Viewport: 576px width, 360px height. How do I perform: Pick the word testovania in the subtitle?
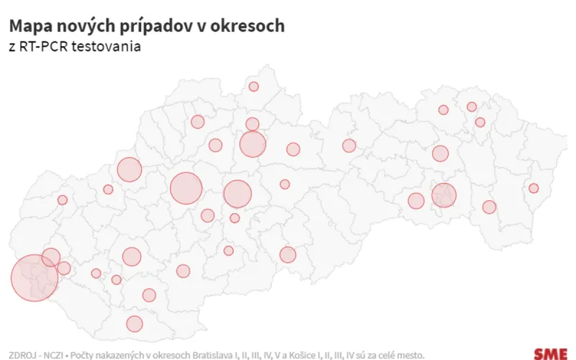[x=107, y=47]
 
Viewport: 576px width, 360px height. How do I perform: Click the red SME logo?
[x=550, y=354]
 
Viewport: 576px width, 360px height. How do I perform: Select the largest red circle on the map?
[x=34, y=278]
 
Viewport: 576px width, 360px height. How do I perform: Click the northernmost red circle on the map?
[x=253, y=86]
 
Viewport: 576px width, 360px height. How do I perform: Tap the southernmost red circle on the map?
[x=135, y=324]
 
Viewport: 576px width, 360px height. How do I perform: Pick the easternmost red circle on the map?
[x=534, y=189]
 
